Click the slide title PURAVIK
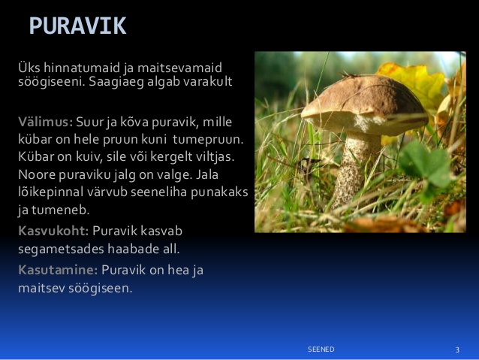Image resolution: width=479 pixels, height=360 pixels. (x=77, y=26)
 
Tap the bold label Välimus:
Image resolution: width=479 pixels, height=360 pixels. (x=46, y=122)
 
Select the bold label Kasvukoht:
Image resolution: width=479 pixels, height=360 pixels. (x=53, y=231)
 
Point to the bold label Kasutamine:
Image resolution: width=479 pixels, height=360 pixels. (x=58, y=270)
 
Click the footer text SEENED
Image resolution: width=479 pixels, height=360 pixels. (x=321, y=349)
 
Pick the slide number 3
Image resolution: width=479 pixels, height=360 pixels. (x=457, y=350)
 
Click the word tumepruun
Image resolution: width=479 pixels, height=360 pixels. (x=208, y=140)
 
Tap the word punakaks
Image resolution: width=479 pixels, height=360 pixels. (x=219, y=192)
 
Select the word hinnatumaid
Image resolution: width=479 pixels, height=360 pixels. (x=83, y=68)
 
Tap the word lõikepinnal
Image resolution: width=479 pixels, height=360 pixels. (x=51, y=192)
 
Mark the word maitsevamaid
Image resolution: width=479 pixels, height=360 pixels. (x=179, y=68)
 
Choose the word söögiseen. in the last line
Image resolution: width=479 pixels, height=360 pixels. (x=100, y=289)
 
